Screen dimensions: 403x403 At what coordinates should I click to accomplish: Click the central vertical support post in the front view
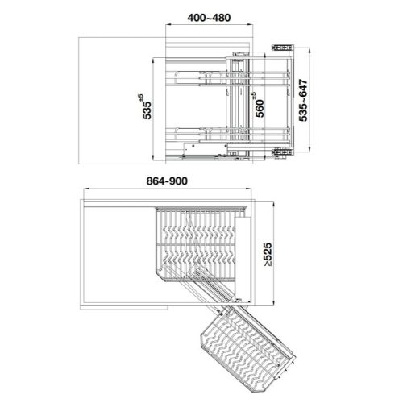pos(239,101)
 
